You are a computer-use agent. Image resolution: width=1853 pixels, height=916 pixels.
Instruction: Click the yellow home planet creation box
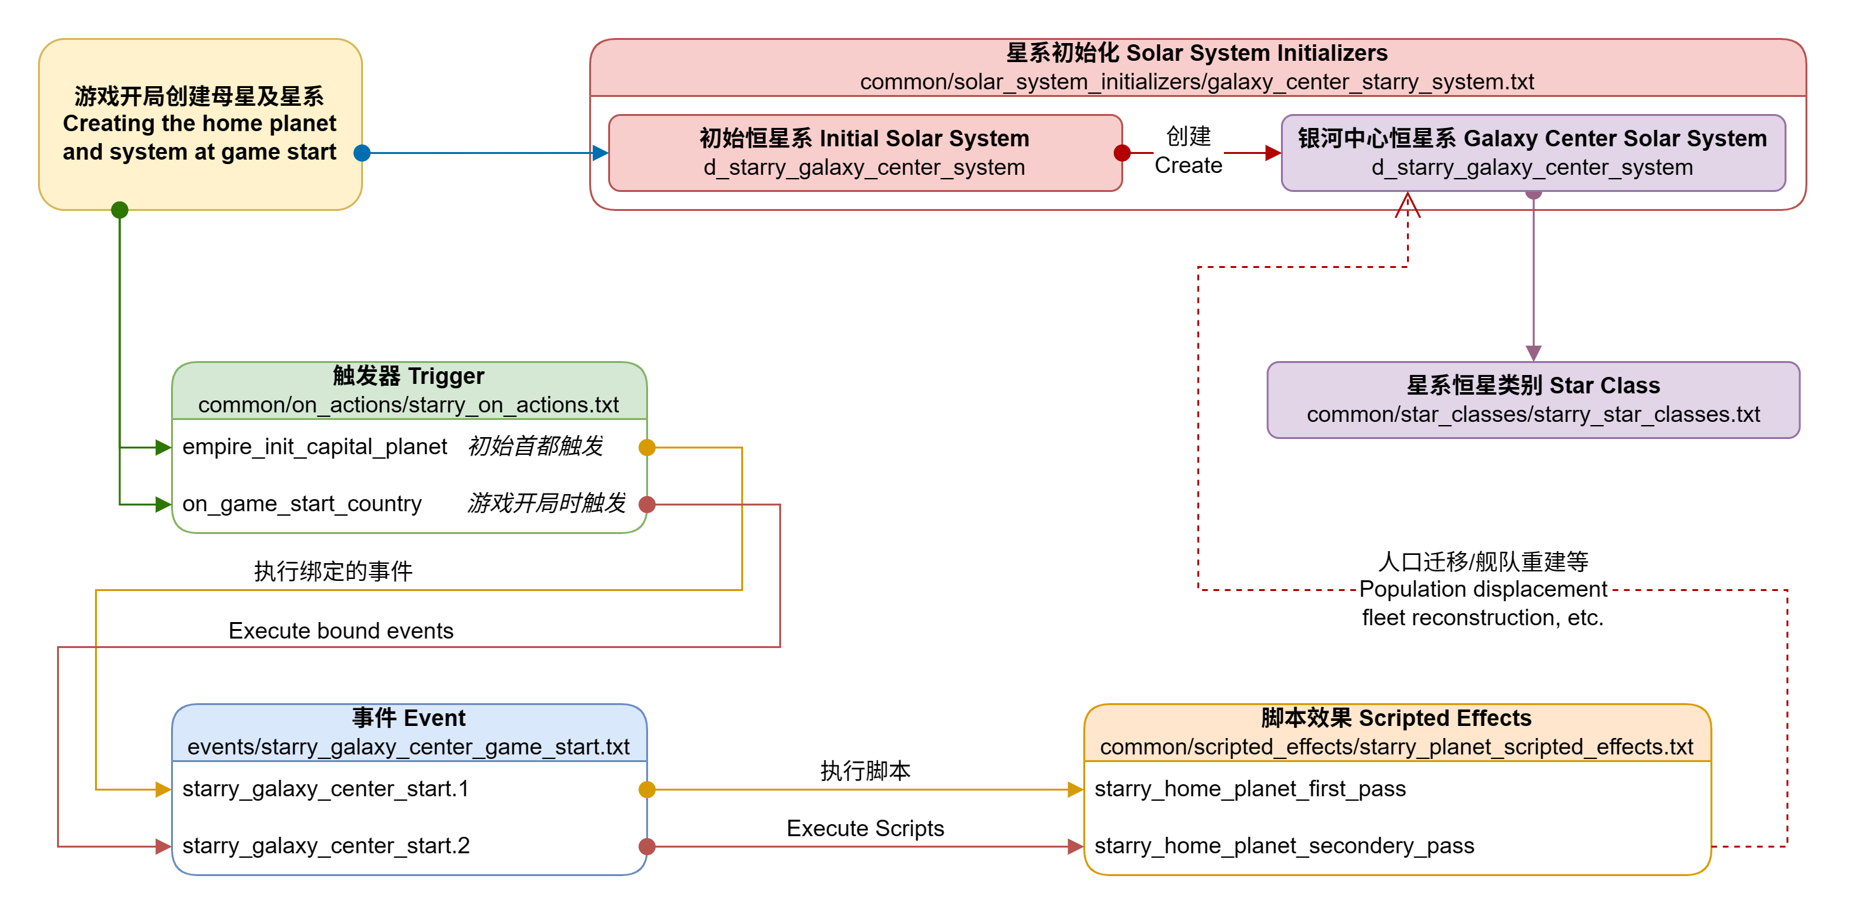pyautogui.click(x=200, y=124)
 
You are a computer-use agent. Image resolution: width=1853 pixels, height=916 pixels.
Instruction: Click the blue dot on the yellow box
pyautogui.click(x=362, y=153)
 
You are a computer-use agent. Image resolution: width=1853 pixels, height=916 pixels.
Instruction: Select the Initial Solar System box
pyautogui.click(x=865, y=153)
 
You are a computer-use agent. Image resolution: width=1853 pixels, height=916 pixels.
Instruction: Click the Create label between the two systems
pyautogui.click(x=1188, y=165)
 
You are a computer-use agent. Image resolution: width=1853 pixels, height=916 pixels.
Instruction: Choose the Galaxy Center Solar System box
pyautogui.click(x=1532, y=153)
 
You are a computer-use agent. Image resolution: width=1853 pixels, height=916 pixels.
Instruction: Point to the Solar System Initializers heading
pyautogui.click(x=1196, y=53)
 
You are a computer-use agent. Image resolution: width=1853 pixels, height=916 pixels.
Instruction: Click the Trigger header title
pyautogui.click(x=408, y=376)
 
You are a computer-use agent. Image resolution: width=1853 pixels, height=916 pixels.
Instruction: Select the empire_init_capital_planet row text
pyautogui.click(x=314, y=447)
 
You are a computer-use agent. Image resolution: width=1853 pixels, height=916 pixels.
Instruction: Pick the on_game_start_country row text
pyautogui.click(x=302, y=504)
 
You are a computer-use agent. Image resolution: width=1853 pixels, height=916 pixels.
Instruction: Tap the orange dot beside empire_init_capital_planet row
pyautogui.click(x=647, y=448)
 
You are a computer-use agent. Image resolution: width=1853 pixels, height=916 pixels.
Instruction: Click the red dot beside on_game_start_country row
pyautogui.click(x=647, y=504)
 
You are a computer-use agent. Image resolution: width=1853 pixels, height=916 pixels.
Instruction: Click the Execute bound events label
pyautogui.click(x=341, y=631)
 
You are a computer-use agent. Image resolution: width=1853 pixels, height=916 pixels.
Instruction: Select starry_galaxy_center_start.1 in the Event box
pyautogui.click(x=325, y=789)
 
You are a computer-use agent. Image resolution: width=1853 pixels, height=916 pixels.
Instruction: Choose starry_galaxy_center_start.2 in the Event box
pyautogui.click(x=325, y=846)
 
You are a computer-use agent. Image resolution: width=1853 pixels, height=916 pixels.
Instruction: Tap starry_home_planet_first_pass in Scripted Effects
pyautogui.click(x=1249, y=789)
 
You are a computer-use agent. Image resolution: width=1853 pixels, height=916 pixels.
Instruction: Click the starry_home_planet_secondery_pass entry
pyautogui.click(x=1284, y=846)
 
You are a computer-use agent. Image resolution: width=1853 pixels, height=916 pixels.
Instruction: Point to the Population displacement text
pyautogui.click(x=1482, y=589)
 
